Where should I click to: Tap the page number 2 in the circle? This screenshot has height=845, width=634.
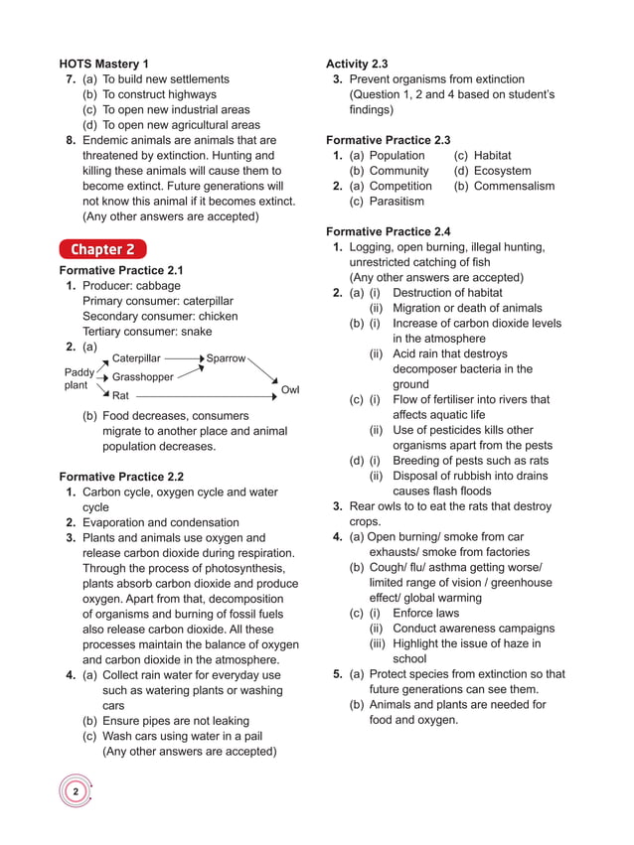[x=76, y=791]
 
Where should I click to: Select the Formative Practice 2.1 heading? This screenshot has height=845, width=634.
[x=121, y=270]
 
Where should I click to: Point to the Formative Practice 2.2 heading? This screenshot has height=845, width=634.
[x=121, y=477]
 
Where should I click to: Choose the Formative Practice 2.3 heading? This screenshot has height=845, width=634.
[x=388, y=140]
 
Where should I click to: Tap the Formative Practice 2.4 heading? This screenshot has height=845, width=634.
[x=388, y=231]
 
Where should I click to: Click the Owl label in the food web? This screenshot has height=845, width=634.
[x=290, y=390]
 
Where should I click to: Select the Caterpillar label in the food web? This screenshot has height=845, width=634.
[x=136, y=357]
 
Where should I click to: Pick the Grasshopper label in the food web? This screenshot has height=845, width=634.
[x=143, y=377]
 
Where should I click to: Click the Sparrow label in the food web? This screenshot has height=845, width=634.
[x=226, y=357]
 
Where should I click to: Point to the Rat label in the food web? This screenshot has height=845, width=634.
[x=121, y=396]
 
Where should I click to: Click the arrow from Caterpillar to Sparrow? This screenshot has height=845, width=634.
[x=184, y=357]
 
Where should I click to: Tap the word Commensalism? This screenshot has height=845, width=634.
[x=514, y=186]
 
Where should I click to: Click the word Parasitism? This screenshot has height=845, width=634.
[x=396, y=202]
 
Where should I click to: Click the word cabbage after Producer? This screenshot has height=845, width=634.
[x=159, y=286]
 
